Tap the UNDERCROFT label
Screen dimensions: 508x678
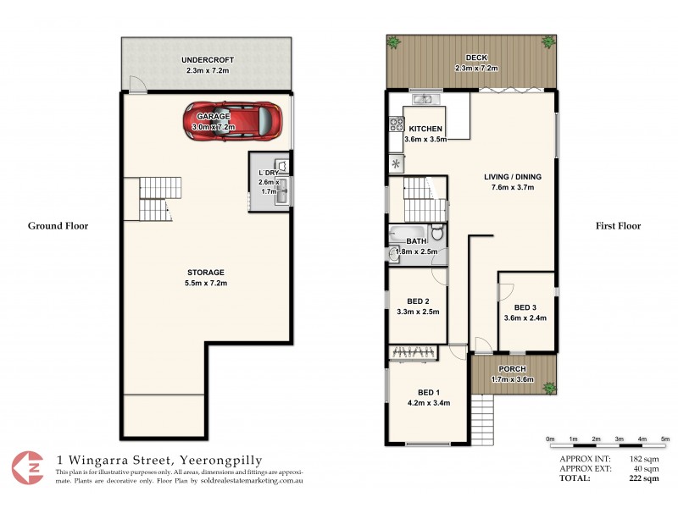208,60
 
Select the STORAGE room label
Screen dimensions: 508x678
207,272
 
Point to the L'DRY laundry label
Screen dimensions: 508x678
269,174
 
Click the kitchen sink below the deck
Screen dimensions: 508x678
422,101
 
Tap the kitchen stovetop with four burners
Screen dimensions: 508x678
396,125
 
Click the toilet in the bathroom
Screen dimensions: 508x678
436,232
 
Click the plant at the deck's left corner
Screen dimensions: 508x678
393,41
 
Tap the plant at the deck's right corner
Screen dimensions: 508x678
552,41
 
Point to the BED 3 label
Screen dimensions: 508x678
525,307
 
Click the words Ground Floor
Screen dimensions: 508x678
58,226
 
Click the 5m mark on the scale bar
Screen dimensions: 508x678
664,439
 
